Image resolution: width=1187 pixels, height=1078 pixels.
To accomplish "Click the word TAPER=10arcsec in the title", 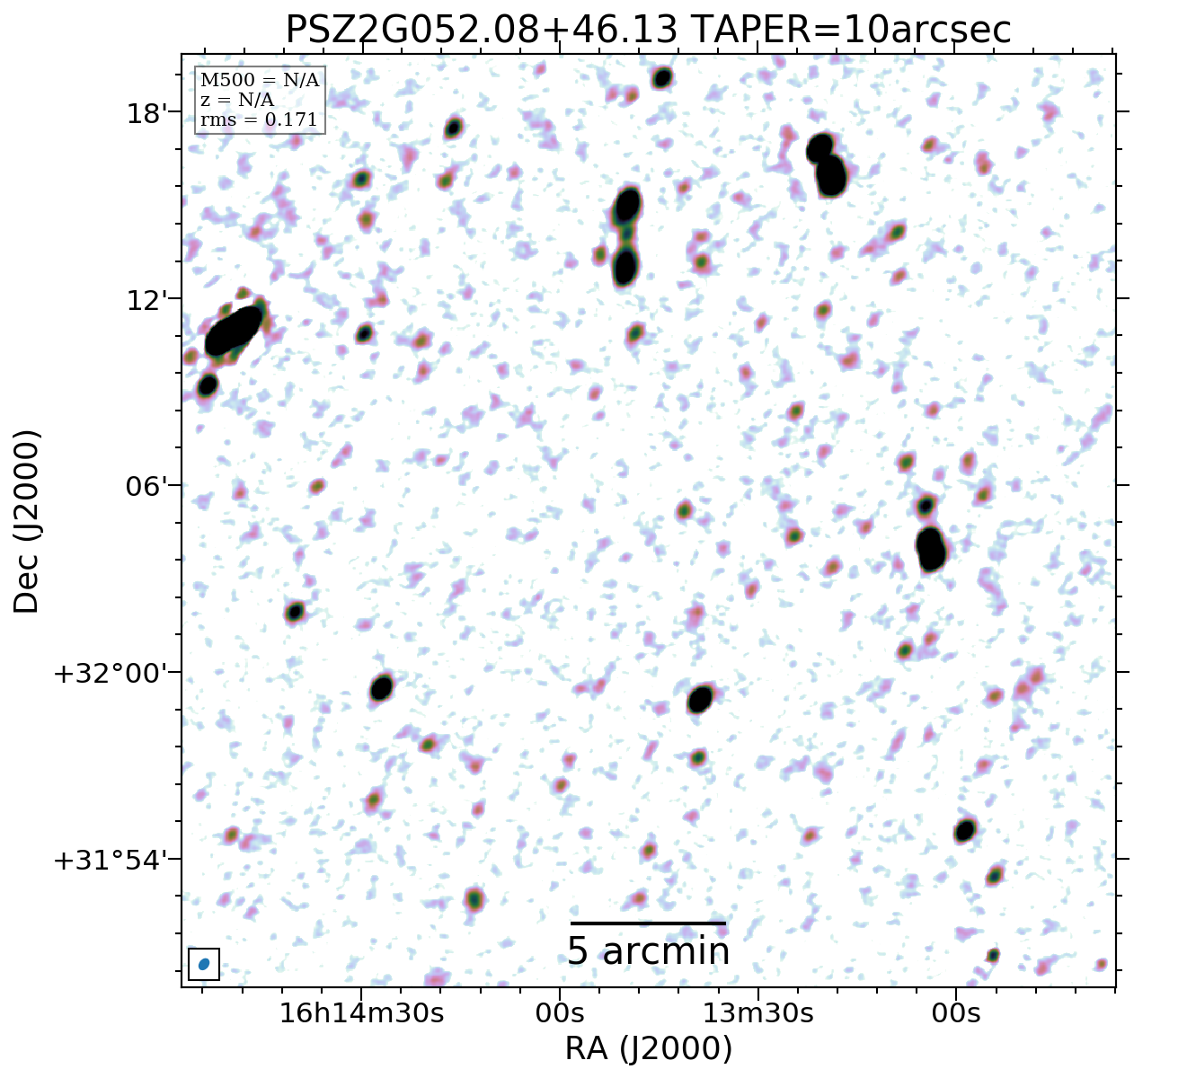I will point(853,30).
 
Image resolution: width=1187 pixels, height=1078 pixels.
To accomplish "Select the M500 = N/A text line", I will point(260,81).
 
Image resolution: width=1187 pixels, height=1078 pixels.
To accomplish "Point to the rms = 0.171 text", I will point(259,119).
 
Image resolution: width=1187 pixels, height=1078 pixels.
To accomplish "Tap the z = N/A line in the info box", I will point(237,100).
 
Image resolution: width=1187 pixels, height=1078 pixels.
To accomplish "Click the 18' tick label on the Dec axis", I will point(144,113).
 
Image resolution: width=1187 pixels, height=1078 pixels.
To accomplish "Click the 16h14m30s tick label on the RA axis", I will point(361,1013).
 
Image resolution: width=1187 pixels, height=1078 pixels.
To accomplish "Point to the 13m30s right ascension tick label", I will point(757,1013).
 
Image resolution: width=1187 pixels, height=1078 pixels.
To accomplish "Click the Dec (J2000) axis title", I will point(27,521).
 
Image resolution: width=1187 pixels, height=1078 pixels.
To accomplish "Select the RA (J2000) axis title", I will point(648,1048).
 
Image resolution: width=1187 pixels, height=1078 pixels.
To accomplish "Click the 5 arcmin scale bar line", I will point(648,923).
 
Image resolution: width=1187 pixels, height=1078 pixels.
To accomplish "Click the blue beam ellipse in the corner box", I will point(204,964).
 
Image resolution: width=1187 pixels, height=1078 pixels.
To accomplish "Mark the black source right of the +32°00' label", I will point(382,688).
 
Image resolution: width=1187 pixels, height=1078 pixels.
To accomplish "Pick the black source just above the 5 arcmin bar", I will point(700,699).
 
